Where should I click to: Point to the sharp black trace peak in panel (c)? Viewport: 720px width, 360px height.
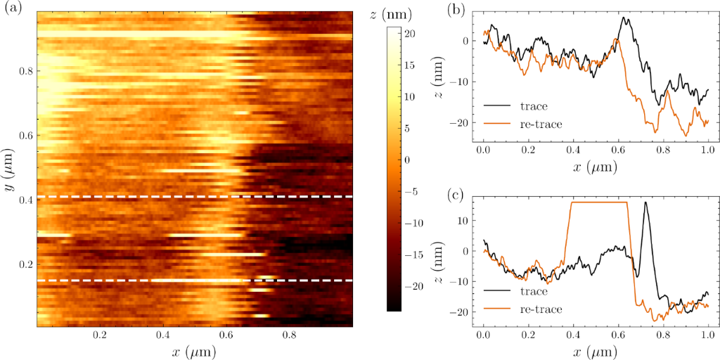click(646, 203)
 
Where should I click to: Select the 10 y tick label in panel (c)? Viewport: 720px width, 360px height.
click(462, 220)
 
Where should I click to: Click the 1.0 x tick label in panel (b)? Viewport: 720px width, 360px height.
click(707, 150)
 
